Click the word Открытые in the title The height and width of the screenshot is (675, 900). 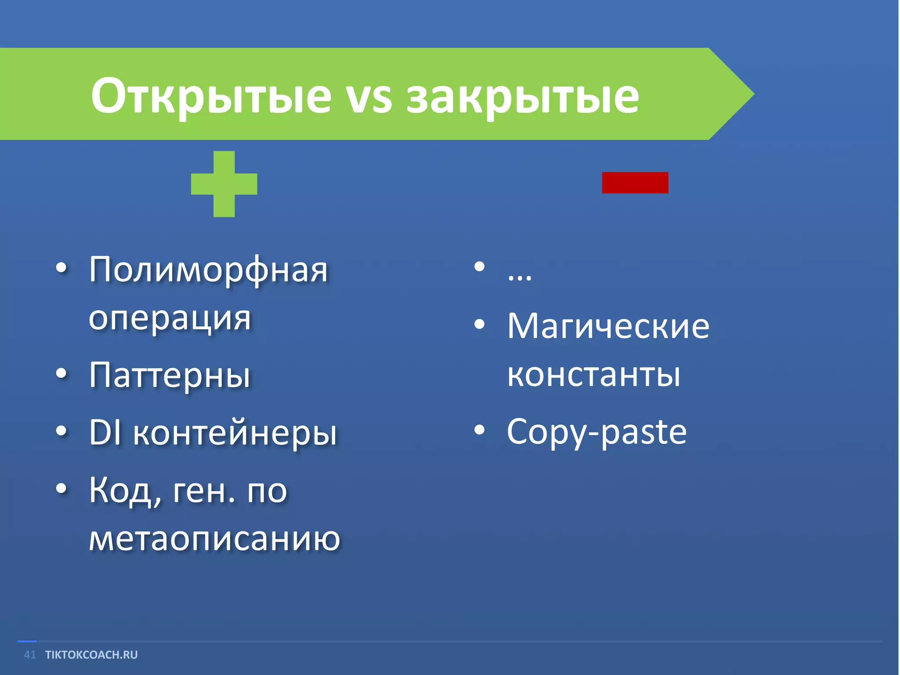tap(211, 96)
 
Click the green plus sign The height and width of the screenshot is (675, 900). tap(224, 184)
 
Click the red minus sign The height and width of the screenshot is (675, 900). tap(635, 182)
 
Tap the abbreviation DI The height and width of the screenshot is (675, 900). tap(105, 432)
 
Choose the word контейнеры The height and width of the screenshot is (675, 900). tap(235, 433)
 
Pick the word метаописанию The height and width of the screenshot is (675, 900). tap(214, 538)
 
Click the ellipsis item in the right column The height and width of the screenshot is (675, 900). tap(519, 275)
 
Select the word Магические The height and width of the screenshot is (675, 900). tap(608, 326)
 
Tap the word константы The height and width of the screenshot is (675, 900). tap(594, 374)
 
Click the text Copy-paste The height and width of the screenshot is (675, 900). tap(596, 432)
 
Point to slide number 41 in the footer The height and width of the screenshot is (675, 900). tap(30, 655)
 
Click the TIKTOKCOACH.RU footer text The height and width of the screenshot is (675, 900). tap(91, 655)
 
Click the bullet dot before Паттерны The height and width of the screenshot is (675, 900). tap(62, 374)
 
